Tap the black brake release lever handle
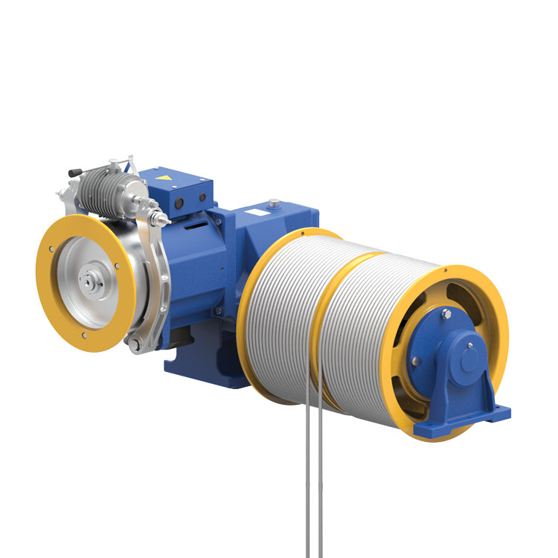point(74,173)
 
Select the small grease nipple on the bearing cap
point(472,344)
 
